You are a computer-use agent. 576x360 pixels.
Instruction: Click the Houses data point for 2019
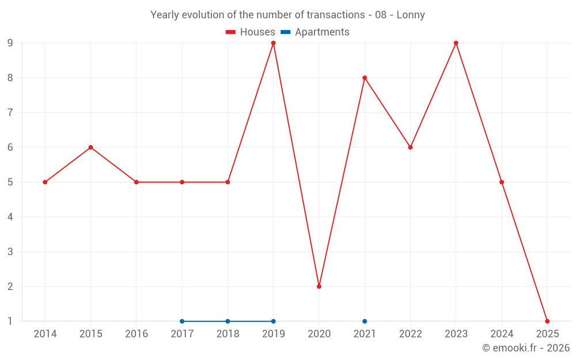click(273, 43)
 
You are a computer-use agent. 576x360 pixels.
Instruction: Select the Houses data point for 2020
click(319, 286)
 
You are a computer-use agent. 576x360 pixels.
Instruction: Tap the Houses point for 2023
click(456, 43)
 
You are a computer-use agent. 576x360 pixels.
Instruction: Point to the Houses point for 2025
click(547, 321)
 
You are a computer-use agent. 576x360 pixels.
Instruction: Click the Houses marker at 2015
click(90, 147)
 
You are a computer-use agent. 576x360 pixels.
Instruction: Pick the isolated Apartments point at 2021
click(365, 321)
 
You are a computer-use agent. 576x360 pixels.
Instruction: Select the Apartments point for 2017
click(182, 321)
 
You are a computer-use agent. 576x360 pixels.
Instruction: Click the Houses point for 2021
click(365, 78)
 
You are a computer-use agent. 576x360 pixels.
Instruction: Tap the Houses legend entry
click(250, 32)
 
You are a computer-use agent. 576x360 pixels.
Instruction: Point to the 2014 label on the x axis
click(45, 334)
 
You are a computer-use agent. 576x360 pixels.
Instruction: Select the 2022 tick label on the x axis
click(410, 334)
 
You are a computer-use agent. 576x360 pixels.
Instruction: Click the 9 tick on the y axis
click(10, 43)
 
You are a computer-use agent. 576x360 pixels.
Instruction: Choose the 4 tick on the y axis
click(10, 217)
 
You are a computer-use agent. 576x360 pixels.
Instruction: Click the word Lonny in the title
click(411, 15)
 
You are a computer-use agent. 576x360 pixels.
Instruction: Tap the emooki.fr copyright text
click(526, 348)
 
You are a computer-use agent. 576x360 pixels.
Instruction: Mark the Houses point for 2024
click(502, 182)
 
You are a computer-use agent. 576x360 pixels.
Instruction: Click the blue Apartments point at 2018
click(228, 321)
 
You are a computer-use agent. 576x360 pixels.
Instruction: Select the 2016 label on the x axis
click(137, 334)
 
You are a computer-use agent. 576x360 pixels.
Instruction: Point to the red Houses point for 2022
click(410, 147)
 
